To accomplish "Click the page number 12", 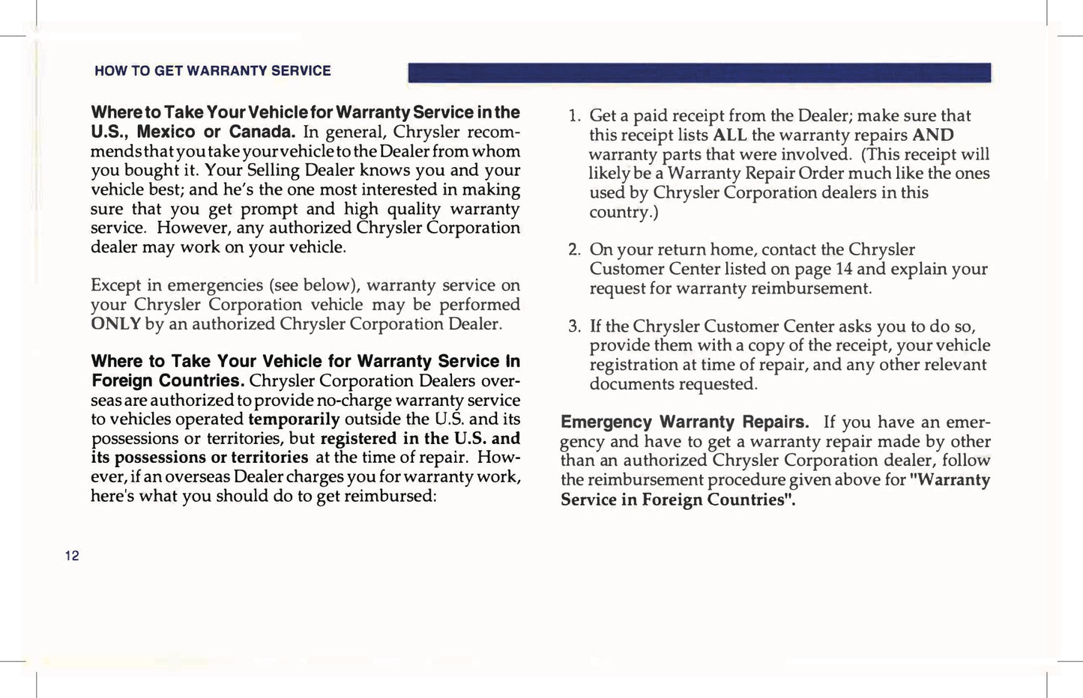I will [x=72, y=556].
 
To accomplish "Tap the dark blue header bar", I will [x=699, y=73].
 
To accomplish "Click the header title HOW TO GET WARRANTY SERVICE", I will [x=212, y=71].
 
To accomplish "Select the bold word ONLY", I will [x=115, y=324].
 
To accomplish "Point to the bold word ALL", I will [x=729, y=136].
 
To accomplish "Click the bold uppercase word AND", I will [x=933, y=136].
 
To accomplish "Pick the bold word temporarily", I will [x=294, y=419].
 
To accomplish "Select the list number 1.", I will [x=573, y=116].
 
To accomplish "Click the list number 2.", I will [x=573, y=249].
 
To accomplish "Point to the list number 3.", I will [x=573, y=327].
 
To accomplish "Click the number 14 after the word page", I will [x=843, y=269].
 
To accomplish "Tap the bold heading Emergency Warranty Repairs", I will [x=684, y=422].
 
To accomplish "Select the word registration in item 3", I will [x=636, y=365].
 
